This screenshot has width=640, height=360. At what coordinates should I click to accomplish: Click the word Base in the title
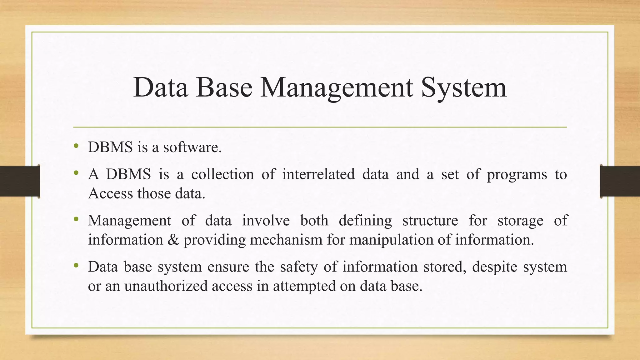[x=224, y=88]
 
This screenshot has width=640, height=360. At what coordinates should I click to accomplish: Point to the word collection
[x=222, y=174]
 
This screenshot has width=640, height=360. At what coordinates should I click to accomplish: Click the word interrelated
[x=318, y=174]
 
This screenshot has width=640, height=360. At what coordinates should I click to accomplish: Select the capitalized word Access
[x=111, y=193]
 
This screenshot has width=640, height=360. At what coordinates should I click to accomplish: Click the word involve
[x=266, y=220]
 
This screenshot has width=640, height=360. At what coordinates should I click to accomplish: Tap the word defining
[x=365, y=221]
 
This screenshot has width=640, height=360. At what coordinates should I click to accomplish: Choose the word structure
[x=430, y=220]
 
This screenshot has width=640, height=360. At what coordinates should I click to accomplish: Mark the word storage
[x=520, y=221]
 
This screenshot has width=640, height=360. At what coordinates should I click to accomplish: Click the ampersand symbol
[x=173, y=240]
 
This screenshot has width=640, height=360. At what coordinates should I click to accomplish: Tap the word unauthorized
[x=166, y=286]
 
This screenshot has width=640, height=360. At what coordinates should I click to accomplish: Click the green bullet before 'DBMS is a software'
[x=76, y=146]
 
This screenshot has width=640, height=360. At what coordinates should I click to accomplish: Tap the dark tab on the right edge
[x=620, y=181]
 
